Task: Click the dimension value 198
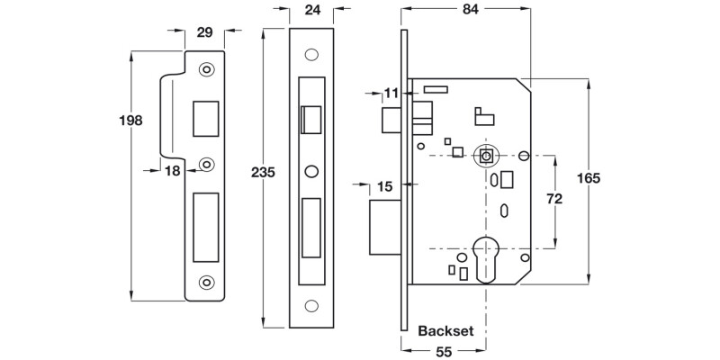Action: coord(131,120)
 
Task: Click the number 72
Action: coord(554,199)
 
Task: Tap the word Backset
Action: coord(445,331)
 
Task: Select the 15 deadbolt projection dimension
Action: coord(384,186)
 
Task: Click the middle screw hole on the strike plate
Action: coord(207,164)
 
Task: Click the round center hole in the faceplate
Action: coord(311,170)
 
